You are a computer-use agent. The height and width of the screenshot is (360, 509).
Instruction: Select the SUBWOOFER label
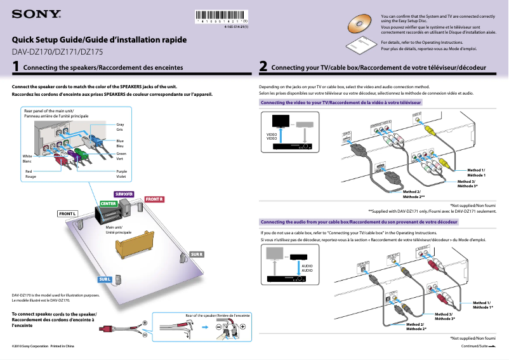pyautogui.click(x=124, y=193)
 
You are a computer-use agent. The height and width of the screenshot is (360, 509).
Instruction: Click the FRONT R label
pyautogui.click(x=155, y=199)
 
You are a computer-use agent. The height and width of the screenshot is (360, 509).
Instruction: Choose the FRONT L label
pyautogui.click(x=68, y=213)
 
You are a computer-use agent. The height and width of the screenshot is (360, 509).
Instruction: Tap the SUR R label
pyautogui.click(x=197, y=255)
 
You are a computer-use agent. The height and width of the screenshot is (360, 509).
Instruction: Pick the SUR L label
pyautogui.click(x=105, y=279)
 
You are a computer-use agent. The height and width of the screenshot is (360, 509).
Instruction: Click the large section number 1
pyautogui.click(x=16, y=67)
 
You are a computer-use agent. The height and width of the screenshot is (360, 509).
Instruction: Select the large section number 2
pyautogui.click(x=263, y=67)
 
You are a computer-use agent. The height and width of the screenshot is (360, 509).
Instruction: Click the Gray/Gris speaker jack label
pyautogui.click(x=120, y=127)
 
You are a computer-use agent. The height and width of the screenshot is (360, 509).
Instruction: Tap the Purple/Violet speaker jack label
pyautogui.click(x=121, y=174)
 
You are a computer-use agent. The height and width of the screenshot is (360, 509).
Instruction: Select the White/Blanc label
pyautogui.click(x=27, y=159)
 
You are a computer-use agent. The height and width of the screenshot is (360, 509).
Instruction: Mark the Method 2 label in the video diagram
pyautogui.click(x=413, y=194)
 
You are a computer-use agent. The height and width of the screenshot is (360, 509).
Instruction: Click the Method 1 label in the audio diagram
pyautogui.click(x=482, y=305)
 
